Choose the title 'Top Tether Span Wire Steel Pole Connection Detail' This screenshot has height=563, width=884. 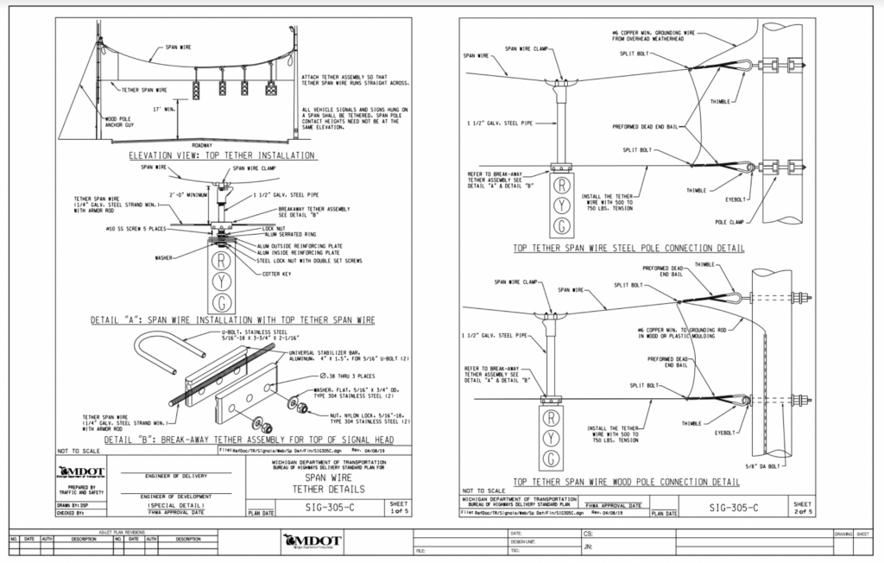click(x=628, y=249)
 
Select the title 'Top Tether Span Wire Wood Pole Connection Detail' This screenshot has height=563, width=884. click(x=627, y=481)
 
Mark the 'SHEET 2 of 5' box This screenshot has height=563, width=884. click(x=802, y=507)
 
